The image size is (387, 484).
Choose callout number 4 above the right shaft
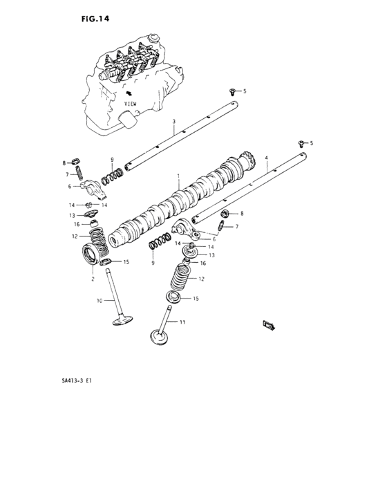266,158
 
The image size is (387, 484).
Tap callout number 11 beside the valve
182,322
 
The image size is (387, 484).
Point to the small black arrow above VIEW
127,92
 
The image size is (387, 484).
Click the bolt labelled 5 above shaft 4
301,142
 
